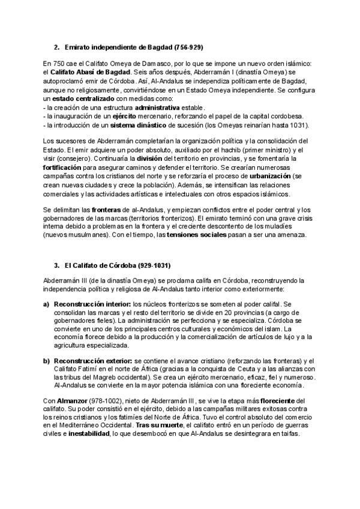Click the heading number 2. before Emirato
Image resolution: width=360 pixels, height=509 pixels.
[x=56, y=46]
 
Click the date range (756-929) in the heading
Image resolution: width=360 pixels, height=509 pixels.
[x=190, y=46]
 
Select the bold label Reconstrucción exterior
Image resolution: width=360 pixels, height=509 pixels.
[x=94, y=360]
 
